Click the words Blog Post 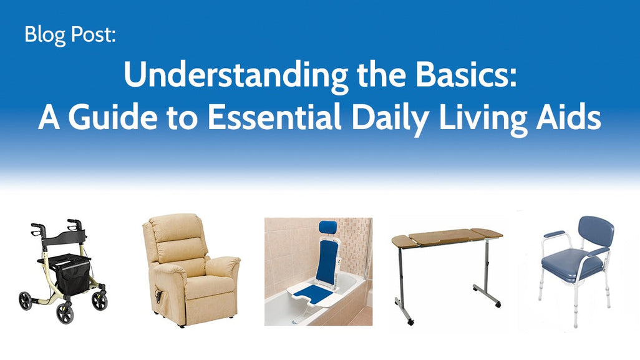(70, 34)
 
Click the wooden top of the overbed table (447, 238)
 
